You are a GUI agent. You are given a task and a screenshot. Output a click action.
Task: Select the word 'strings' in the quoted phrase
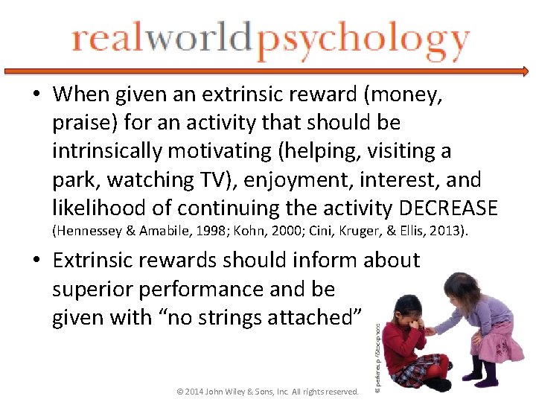236,318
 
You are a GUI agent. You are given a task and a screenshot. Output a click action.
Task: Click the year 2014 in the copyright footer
191,391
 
